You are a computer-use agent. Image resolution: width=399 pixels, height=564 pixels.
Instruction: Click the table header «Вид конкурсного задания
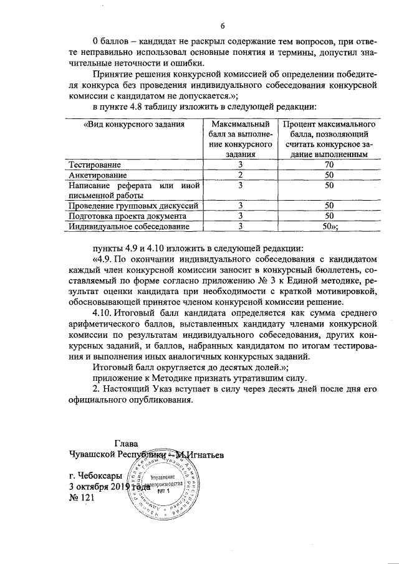[x=125, y=125]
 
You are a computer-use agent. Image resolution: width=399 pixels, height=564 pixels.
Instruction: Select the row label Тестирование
[x=95, y=165]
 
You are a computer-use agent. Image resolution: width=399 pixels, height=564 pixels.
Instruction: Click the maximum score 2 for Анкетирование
[x=240, y=175]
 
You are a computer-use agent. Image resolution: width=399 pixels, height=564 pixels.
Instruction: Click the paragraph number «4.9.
[x=103, y=258]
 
